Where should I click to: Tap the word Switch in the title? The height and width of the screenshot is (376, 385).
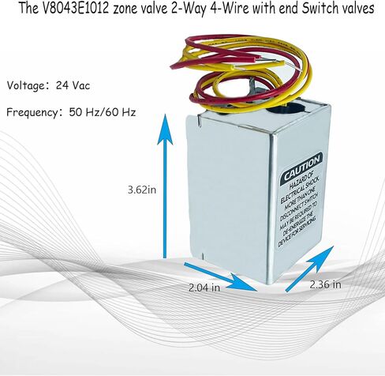(319, 9)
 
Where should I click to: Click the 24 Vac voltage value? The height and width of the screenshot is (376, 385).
(73, 85)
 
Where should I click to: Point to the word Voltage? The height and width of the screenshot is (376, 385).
(26, 86)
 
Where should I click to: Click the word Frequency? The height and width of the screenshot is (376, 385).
(32, 112)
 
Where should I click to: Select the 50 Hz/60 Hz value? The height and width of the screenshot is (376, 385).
(103, 112)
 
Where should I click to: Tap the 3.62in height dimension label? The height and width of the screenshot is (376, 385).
(142, 190)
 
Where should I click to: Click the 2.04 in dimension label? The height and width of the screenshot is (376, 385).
(204, 288)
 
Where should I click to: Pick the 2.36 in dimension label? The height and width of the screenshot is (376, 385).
(325, 284)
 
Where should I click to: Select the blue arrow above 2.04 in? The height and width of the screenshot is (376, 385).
(220, 276)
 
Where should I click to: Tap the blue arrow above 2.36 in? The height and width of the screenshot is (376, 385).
(309, 269)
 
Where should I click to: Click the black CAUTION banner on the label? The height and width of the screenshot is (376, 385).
(302, 167)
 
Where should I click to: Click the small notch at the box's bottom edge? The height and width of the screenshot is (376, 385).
(203, 255)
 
